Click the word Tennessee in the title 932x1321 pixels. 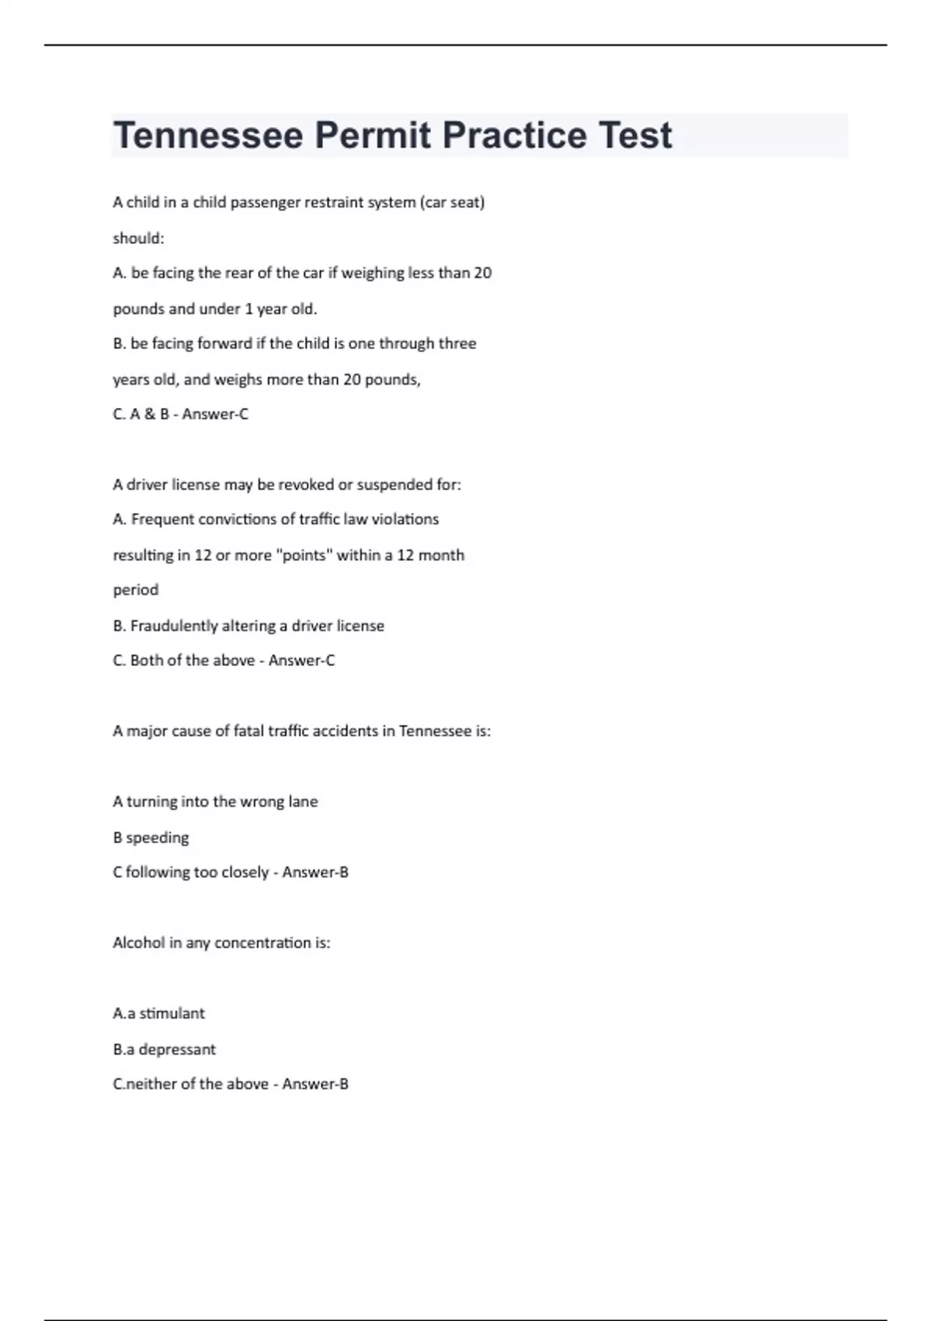pos(208,135)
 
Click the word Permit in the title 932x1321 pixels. pos(372,135)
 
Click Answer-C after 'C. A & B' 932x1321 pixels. pos(215,414)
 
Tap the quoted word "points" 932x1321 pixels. pos(304,555)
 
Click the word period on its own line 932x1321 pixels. pos(136,590)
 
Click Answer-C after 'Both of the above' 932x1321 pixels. pos(301,660)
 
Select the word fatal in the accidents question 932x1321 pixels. pos(249,731)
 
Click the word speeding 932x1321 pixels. pos(158,838)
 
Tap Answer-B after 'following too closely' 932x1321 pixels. pos(315,872)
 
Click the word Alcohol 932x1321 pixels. pos(138,943)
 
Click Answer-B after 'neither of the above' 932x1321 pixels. pos(315,1084)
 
